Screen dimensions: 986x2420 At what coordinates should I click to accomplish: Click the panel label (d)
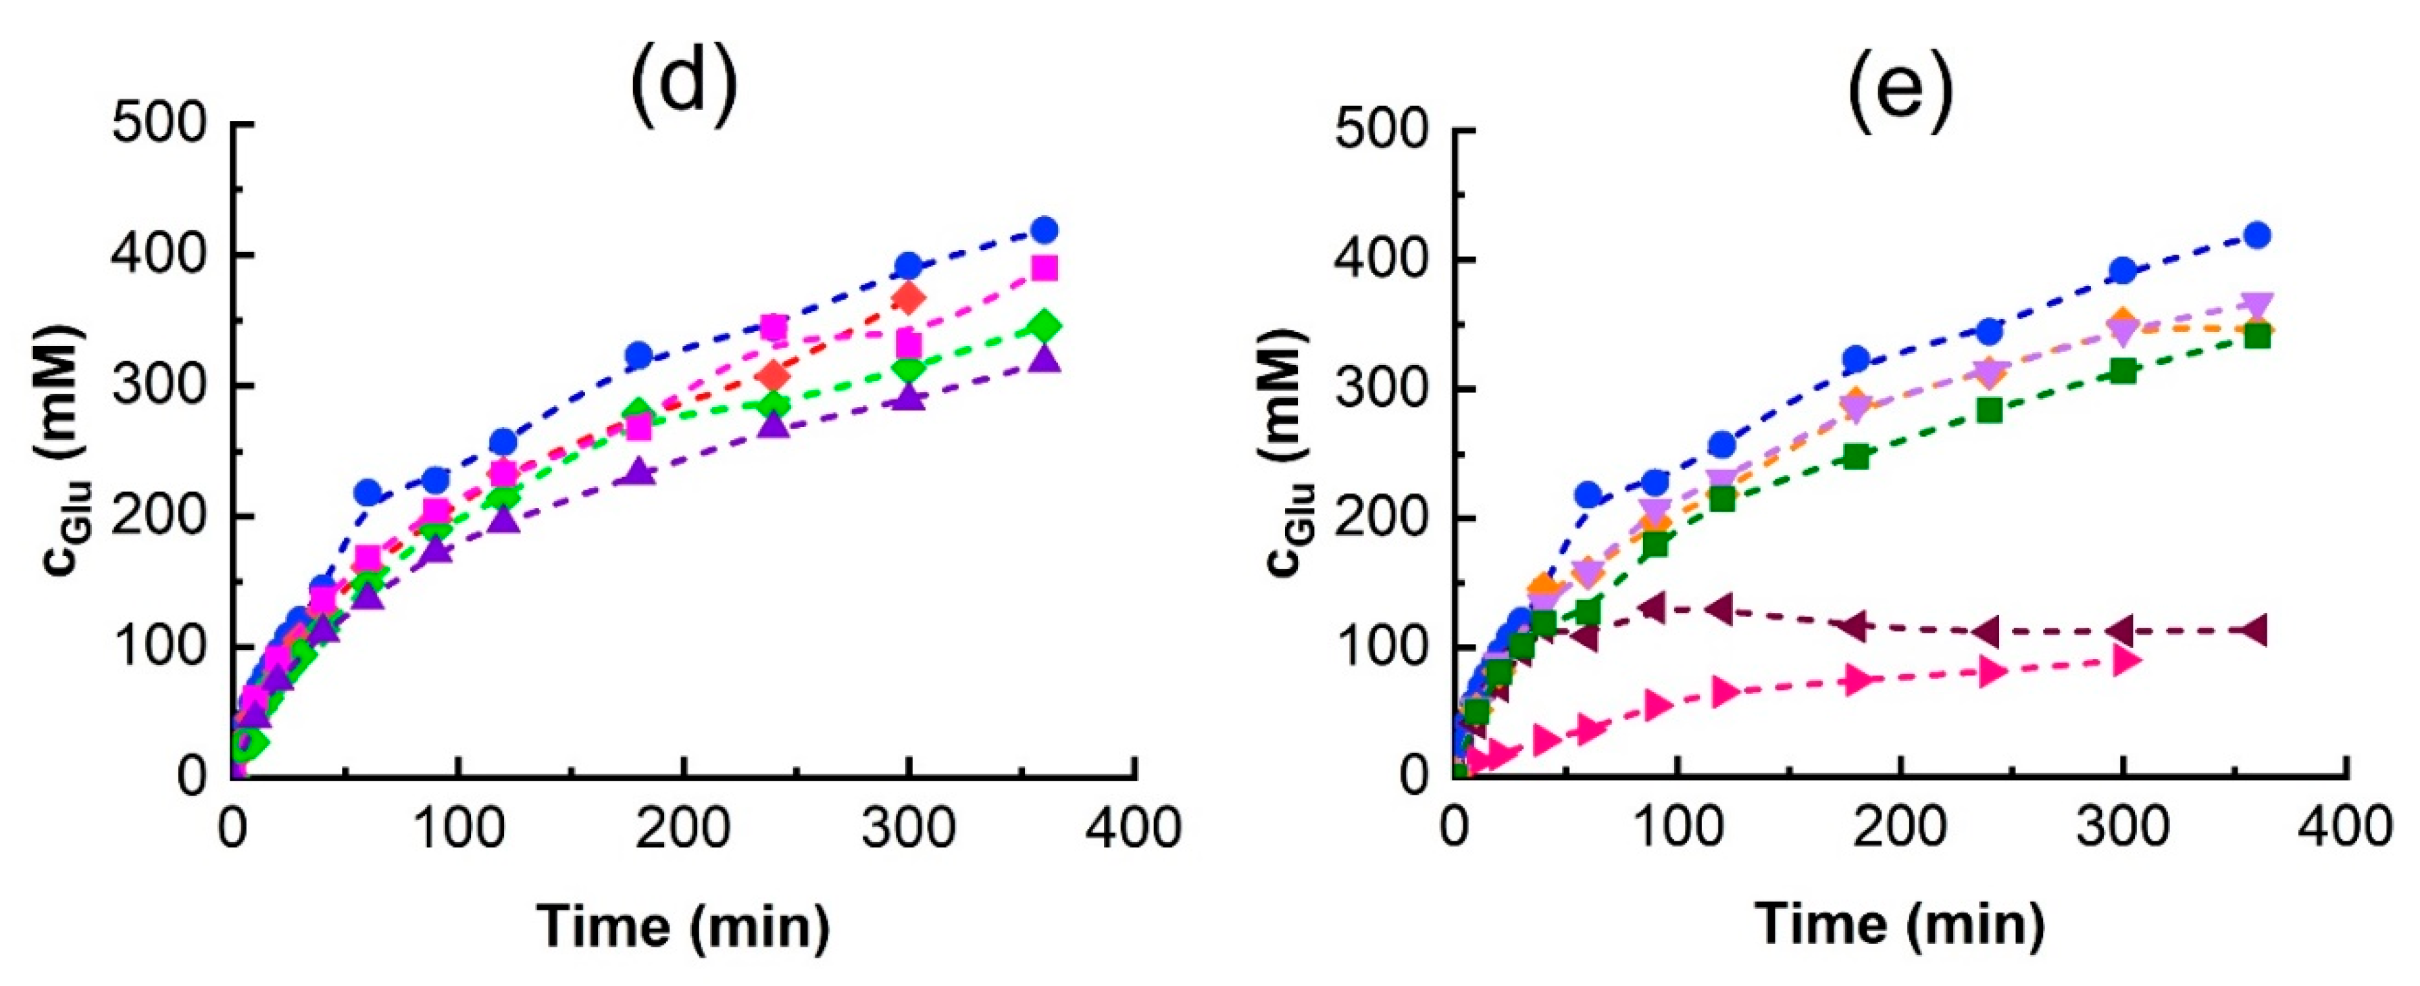[684, 80]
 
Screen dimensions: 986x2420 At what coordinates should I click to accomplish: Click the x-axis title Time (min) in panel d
[684, 925]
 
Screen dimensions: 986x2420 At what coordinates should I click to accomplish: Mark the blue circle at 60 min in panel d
[368, 491]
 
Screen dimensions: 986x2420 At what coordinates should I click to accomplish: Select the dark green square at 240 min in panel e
[1989, 410]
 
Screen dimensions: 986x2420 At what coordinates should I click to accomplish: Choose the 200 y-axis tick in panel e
[1378, 519]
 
